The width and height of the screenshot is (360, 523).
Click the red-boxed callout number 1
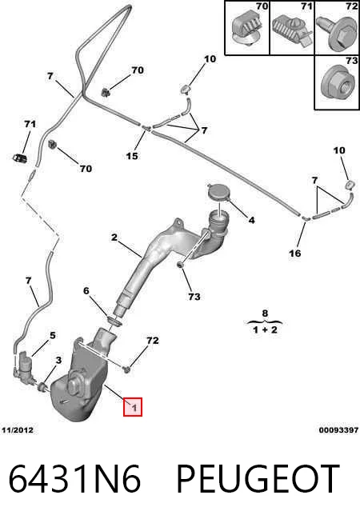(x=133, y=407)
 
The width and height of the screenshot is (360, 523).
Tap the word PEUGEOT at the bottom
(x=258, y=479)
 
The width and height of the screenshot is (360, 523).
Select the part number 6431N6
(x=74, y=479)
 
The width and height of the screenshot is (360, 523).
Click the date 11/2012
(x=18, y=430)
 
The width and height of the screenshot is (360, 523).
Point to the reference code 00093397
(x=338, y=430)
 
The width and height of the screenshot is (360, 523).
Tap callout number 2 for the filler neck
(x=114, y=238)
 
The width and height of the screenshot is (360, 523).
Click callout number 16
(x=295, y=254)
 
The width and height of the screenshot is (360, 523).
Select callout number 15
(x=132, y=156)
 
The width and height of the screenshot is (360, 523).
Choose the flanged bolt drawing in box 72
(x=336, y=33)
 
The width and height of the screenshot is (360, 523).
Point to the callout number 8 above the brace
(x=265, y=313)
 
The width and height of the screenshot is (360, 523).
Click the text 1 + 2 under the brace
(x=265, y=330)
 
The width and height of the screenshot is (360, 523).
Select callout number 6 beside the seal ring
(x=86, y=291)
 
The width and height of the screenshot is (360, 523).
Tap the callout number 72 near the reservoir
(x=153, y=341)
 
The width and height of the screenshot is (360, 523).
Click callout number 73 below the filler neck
(x=194, y=296)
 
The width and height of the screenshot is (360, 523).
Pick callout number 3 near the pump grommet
(x=58, y=360)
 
